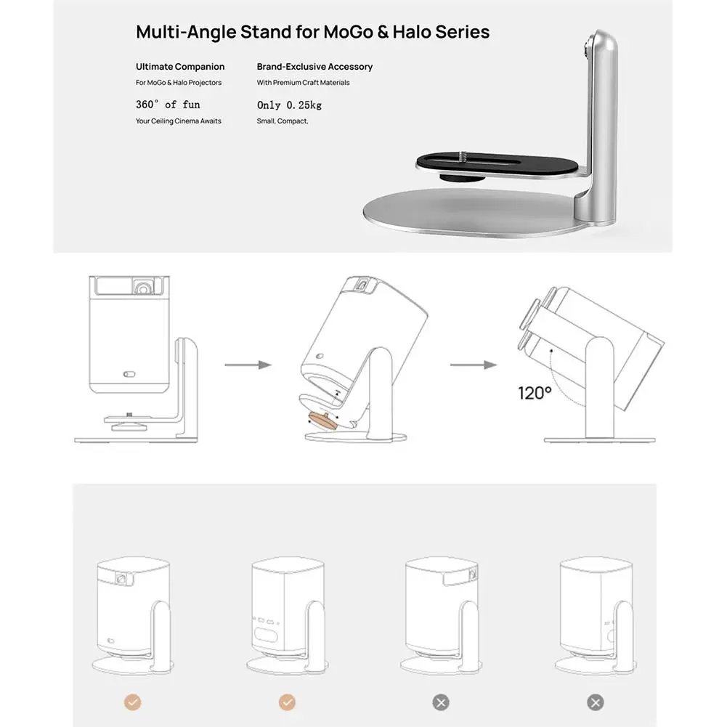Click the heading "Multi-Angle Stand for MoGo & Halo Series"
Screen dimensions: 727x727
[312, 32]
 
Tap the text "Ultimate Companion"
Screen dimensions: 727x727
[180, 67]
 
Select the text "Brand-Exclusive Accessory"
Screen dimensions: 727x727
[314, 67]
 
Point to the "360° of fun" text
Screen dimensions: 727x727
[168, 105]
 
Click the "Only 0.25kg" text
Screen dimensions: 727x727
[289, 105]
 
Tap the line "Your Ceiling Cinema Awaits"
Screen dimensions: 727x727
[179, 121]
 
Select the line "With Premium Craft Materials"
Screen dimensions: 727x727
[303, 83]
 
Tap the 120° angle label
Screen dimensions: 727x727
[535, 394]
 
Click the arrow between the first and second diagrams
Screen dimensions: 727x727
[248, 364]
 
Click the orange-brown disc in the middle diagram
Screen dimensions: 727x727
[322, 420]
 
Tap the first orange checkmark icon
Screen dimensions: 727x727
[133, 702]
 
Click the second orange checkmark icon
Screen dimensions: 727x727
[287, 702]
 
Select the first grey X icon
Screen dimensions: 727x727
[441, 702]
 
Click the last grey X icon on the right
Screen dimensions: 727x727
[595, 702]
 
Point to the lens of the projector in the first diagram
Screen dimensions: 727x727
[144, 288]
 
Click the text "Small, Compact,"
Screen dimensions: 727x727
[283, 121]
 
